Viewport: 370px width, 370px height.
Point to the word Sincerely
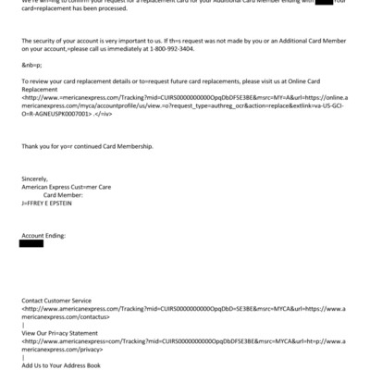35,179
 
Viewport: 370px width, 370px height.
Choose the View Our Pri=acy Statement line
60,332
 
